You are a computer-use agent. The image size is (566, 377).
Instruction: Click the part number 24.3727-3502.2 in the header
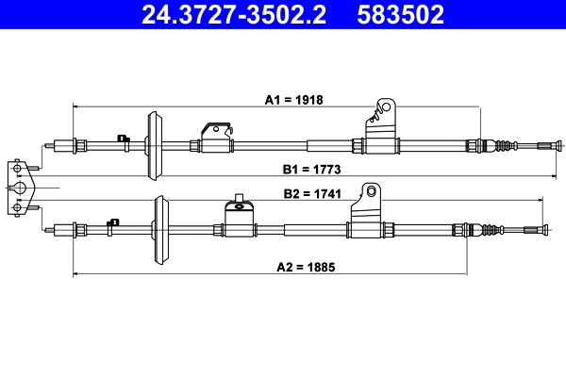click(234, 14)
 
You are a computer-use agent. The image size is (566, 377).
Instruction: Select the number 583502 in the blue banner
click(400, 14)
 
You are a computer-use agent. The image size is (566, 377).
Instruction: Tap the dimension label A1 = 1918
click(293, 100)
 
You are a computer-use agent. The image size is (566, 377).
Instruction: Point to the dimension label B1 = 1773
click(311, 170)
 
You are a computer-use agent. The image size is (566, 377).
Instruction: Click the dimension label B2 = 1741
click(312, 194)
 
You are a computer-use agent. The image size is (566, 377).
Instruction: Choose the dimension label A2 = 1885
click(306, 268)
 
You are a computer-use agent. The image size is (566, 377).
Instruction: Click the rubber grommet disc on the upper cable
click(154, 146)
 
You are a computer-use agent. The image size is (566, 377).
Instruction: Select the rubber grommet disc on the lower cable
click(161, 230)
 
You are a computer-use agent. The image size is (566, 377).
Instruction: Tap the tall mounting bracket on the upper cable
click(381, 126)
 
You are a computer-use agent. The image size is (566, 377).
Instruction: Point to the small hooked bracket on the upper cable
click(217, 137)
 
